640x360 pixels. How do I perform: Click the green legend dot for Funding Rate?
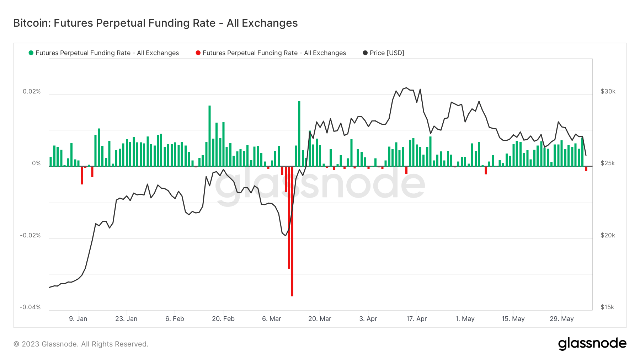pyautogui.click(x=31, y=53)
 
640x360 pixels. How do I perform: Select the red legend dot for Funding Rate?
pyautogui.click(x=198, y=53)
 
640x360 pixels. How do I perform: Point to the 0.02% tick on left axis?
pyautogui.click(x=32, y=91)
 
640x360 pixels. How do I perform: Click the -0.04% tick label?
pyautogui.click(x=30, y=307)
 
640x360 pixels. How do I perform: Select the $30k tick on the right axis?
pyautogui.click(x=608, y=91)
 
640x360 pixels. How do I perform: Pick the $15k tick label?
pyautogui.click(x=607, y=307)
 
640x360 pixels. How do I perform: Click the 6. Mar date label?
pyautogui.click(x=271, y=319)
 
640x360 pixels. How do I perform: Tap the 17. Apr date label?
pyautogui.click(x=416, y=319)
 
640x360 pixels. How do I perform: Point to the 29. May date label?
pyautogui.click(x=561, y=319)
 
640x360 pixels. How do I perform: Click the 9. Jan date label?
pyautogui.click(x=78, y=319)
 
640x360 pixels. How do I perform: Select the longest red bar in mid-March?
pyautogui.click(x=292, y=231)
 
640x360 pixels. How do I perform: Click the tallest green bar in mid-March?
pyautogui.click(x=299, y=134)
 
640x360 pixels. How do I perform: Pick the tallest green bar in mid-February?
pyautogui.click(x=209, y=136)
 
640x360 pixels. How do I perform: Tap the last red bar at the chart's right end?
pyautogui.click(x=586, y=169)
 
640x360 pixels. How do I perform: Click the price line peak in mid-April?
pyautogui.click(x=406, y=88)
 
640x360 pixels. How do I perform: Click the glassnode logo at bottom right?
pyautogui.click(x=592, y=344)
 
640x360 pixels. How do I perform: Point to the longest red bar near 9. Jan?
pyautogui.click(x=82, y=175)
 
